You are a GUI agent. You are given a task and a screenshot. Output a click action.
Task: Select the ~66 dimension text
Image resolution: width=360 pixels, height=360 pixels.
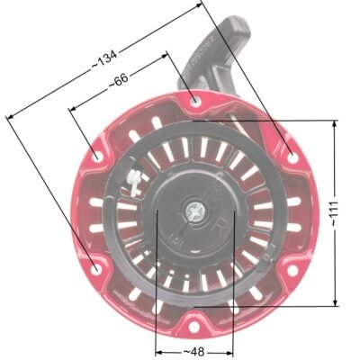(118, 82)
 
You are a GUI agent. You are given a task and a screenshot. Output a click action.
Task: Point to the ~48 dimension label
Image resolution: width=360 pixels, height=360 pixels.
(194, 350)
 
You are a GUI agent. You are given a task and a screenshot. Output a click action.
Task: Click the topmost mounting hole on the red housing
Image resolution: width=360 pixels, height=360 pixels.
(196, 101)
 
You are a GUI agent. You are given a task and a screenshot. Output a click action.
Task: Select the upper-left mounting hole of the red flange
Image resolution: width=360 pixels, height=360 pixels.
(96, 154)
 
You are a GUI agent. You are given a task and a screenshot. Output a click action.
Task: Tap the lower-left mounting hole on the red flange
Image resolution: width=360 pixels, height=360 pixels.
(95, 267)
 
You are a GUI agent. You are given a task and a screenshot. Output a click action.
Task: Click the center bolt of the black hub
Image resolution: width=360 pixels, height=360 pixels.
(194, 212)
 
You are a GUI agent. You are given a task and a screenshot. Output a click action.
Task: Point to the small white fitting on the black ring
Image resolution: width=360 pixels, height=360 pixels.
(133, 180)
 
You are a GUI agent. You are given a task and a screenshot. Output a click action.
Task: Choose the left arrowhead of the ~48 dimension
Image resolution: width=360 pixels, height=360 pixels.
(158, 350)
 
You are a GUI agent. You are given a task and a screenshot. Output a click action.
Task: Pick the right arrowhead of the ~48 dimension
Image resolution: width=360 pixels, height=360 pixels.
(232, 350)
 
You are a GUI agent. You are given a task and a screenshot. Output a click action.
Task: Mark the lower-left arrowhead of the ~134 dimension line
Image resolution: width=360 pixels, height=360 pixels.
(9, 114)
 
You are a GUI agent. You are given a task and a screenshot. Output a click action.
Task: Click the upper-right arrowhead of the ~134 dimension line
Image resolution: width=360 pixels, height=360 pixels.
(200, 4)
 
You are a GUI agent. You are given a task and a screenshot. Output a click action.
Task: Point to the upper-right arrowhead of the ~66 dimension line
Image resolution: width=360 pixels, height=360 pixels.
(166, 54)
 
